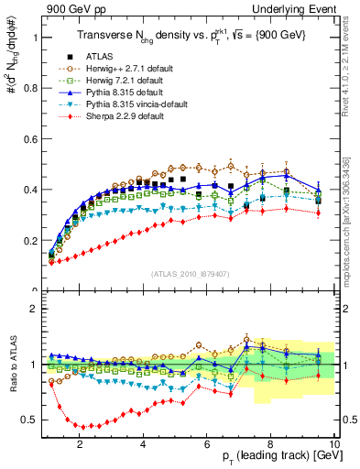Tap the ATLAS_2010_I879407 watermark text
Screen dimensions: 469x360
click(189, 274)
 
